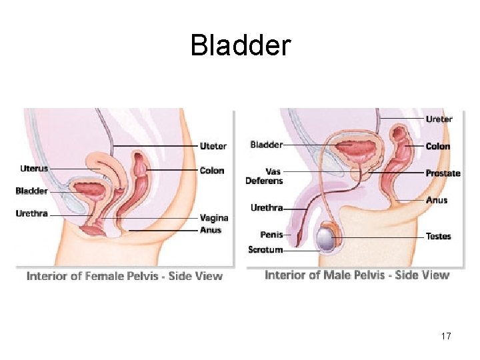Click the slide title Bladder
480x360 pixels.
[x=240, y=45]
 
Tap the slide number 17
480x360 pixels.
[x=445, y=336]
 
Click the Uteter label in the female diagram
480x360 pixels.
[x=213, y=146]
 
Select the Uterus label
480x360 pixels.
[x=34, y=169]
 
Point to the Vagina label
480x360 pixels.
[x=214, y=217]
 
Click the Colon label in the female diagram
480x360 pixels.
[x=212, y=170]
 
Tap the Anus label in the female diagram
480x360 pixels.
[x=210, y=230]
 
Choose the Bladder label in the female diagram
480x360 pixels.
[x=32, y=191]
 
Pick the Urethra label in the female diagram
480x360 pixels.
[x=32, y=213]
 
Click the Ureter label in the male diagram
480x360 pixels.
[x=439, y=119]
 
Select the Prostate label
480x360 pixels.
[x=443, y=173]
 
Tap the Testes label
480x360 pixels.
[x=438, y=236]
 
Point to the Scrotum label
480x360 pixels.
[x=265, y=250]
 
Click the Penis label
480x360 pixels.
[x=271, y=235]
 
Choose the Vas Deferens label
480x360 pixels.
[x=264, y=176]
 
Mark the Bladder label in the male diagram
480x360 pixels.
[x=266, y=145]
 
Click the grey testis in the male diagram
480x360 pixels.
[x=326, y=238]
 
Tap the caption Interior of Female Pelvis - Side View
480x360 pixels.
[x=125, y=276]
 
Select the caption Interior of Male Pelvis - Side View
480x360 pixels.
[x=357, y=275]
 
